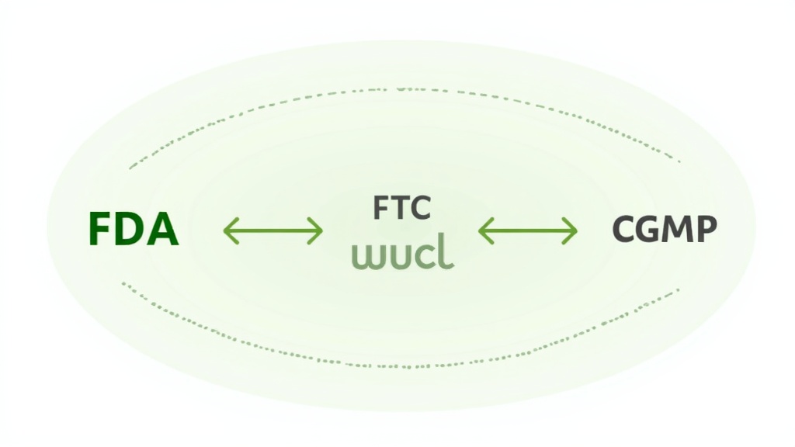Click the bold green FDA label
click(x=134, y=230)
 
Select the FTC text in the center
click(x=401, y=208)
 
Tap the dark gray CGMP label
click(x=665, y=229)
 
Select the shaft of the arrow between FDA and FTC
click(x=273, y=230)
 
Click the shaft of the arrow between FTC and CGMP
click(x=528, y=230)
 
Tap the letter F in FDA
click(x=99, y=230)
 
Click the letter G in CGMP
click(x=649, y=229)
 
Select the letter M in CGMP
click(x=678, y=229)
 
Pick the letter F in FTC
click(x=381, y=208)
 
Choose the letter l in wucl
click(x=446, y=253)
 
